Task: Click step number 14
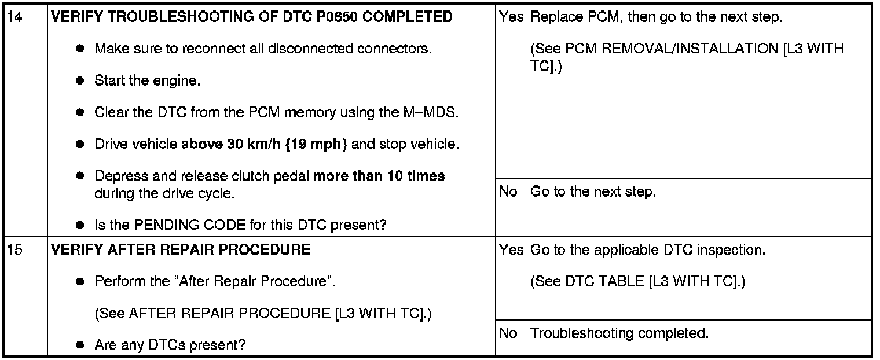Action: click(13, 17)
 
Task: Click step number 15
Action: click(13, 250)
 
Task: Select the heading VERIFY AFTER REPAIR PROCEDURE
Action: click(181, 250)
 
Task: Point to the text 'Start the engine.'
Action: click(148, 81)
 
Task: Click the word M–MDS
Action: click(434, 112)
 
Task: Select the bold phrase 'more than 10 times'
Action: click(379, 175)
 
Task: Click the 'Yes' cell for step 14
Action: click(511, 17)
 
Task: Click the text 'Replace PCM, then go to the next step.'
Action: click(657, 17)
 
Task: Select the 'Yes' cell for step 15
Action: click(511, 250)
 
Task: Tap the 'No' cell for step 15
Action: click(508, 333)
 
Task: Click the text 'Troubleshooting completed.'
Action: click(619, 333)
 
